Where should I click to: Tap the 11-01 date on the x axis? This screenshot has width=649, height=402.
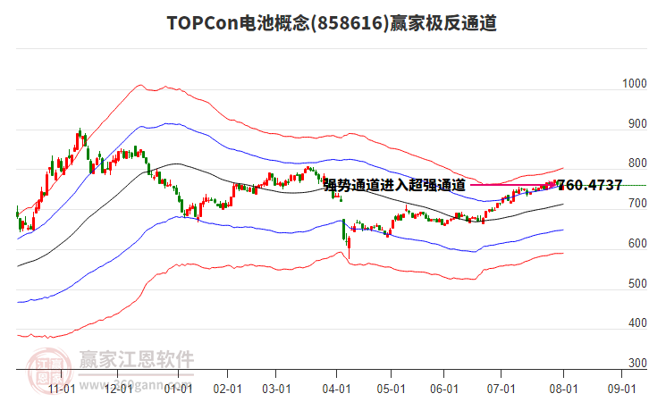61,389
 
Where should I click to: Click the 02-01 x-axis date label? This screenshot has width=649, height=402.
229,389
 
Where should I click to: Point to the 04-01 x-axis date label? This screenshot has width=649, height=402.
335,389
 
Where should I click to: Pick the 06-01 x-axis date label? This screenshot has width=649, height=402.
444,389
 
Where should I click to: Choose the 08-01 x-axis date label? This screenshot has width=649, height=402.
563,389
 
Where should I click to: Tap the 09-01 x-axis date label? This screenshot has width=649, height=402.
621,389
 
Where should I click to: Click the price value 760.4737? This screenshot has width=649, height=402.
590,186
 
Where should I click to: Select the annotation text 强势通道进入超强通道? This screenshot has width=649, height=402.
394,186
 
